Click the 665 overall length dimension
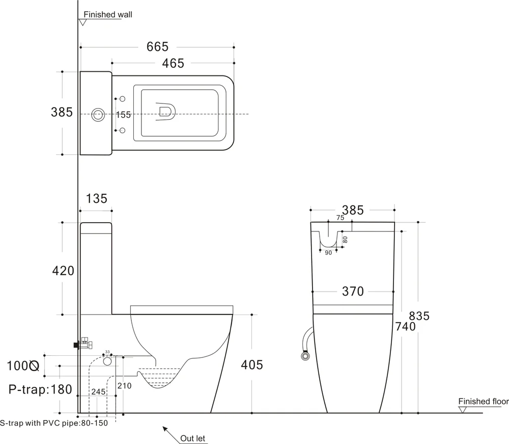point(157,46)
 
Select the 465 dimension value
point(173,63)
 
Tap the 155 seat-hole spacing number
point(124,115)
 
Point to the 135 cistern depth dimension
point(96,198)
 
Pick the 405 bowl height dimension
point(252,364)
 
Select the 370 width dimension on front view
point(353,291)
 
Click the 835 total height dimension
point(418,316)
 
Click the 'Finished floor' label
point(483,401)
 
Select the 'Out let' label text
point(193,438)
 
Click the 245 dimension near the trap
point(98,392)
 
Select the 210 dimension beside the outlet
point(125,386)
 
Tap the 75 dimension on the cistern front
point(340,218)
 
